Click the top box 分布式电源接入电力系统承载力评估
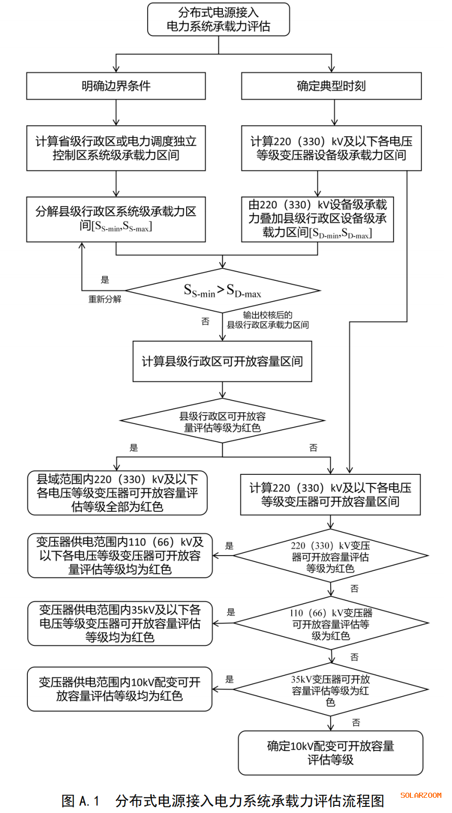pos(218,19)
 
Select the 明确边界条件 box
pos(116,86)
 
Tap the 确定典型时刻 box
pos(331,86)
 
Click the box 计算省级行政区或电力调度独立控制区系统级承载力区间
pos(116,148)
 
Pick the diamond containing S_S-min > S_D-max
pos(222,291)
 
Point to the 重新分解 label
pos(105,299)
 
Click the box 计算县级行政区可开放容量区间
pos(222,361)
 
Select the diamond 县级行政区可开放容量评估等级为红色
pos(222,421)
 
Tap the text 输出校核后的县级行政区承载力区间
pos(267,320)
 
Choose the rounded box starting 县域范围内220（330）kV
pos(117,493)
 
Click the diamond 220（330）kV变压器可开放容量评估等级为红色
pos(330,557)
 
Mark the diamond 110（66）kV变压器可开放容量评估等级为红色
pos(331,624)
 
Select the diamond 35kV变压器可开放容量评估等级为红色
pos(331,690)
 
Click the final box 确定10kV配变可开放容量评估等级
pos(330,753)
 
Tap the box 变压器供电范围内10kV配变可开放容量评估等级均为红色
pos(120,689)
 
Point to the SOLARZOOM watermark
pos(421,795)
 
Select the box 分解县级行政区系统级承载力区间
pos(116,219)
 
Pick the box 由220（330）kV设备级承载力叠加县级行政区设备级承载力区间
pos(317,219)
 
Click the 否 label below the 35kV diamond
pos(356,722)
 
